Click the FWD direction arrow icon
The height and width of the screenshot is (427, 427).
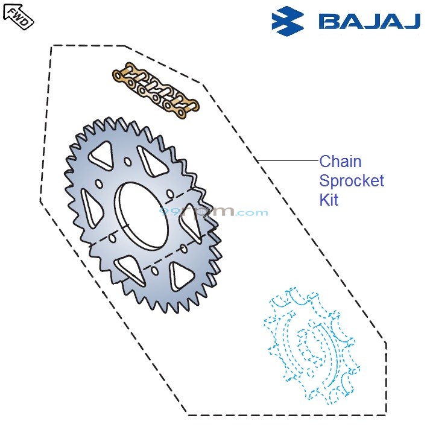pyautogui.click(x=18, y=15)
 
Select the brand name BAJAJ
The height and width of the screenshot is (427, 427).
pyautogui.click(x=368, y=21)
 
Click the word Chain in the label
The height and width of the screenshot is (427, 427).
pyautogui.click(x=340, y=162)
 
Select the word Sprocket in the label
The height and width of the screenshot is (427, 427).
pyautogui.click(x=352, y=181)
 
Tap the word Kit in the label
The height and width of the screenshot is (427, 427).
pyautogui.click(x=329, y=200)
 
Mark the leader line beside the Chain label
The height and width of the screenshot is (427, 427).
pyautogui.click(x=288, y=161)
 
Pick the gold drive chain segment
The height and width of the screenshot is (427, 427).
pyautogui.click(x=156, y=91)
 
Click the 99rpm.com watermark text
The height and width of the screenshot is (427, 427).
pyautogui.click(x=213, y=212)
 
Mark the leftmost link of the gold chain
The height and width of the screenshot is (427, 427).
pyautogui.click(x=124, y=76)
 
